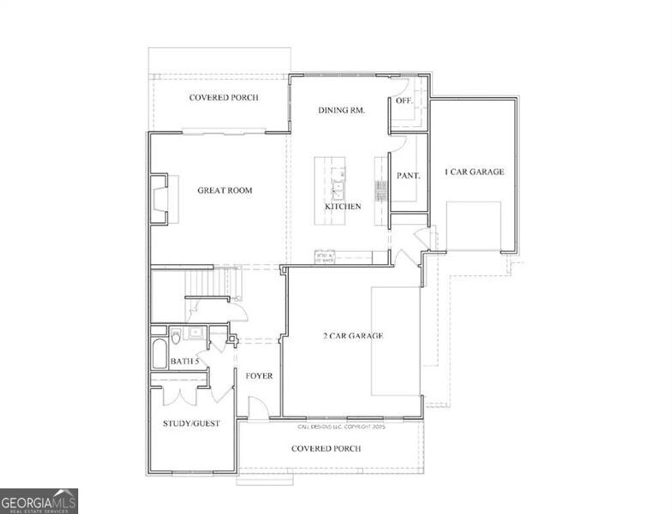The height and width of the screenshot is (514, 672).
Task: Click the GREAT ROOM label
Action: coord(224,190)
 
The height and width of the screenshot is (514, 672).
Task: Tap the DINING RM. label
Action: coord(341,110)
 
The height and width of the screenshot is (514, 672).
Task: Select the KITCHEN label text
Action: coord(343,206)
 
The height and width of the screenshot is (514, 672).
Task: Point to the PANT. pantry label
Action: coord(408,175)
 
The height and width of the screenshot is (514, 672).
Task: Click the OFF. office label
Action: coord(404,100)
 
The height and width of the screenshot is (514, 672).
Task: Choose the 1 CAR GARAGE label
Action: coord(474,172)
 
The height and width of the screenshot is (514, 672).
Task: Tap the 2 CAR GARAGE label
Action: coord(353,336)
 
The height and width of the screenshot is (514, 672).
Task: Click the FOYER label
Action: coord(259,376)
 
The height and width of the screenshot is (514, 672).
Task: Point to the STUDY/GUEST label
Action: coord(191,423)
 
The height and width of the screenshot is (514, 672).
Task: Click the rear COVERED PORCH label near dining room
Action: coord(223,98)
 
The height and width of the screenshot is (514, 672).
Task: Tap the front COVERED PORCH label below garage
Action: coord(325,448)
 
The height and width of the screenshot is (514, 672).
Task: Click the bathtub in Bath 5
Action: coord(159,354)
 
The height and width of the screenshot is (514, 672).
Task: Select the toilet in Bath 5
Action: coord(176,337)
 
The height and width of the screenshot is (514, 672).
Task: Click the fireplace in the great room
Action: coord(159,200)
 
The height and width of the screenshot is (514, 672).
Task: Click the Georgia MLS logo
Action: coord(39,501)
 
